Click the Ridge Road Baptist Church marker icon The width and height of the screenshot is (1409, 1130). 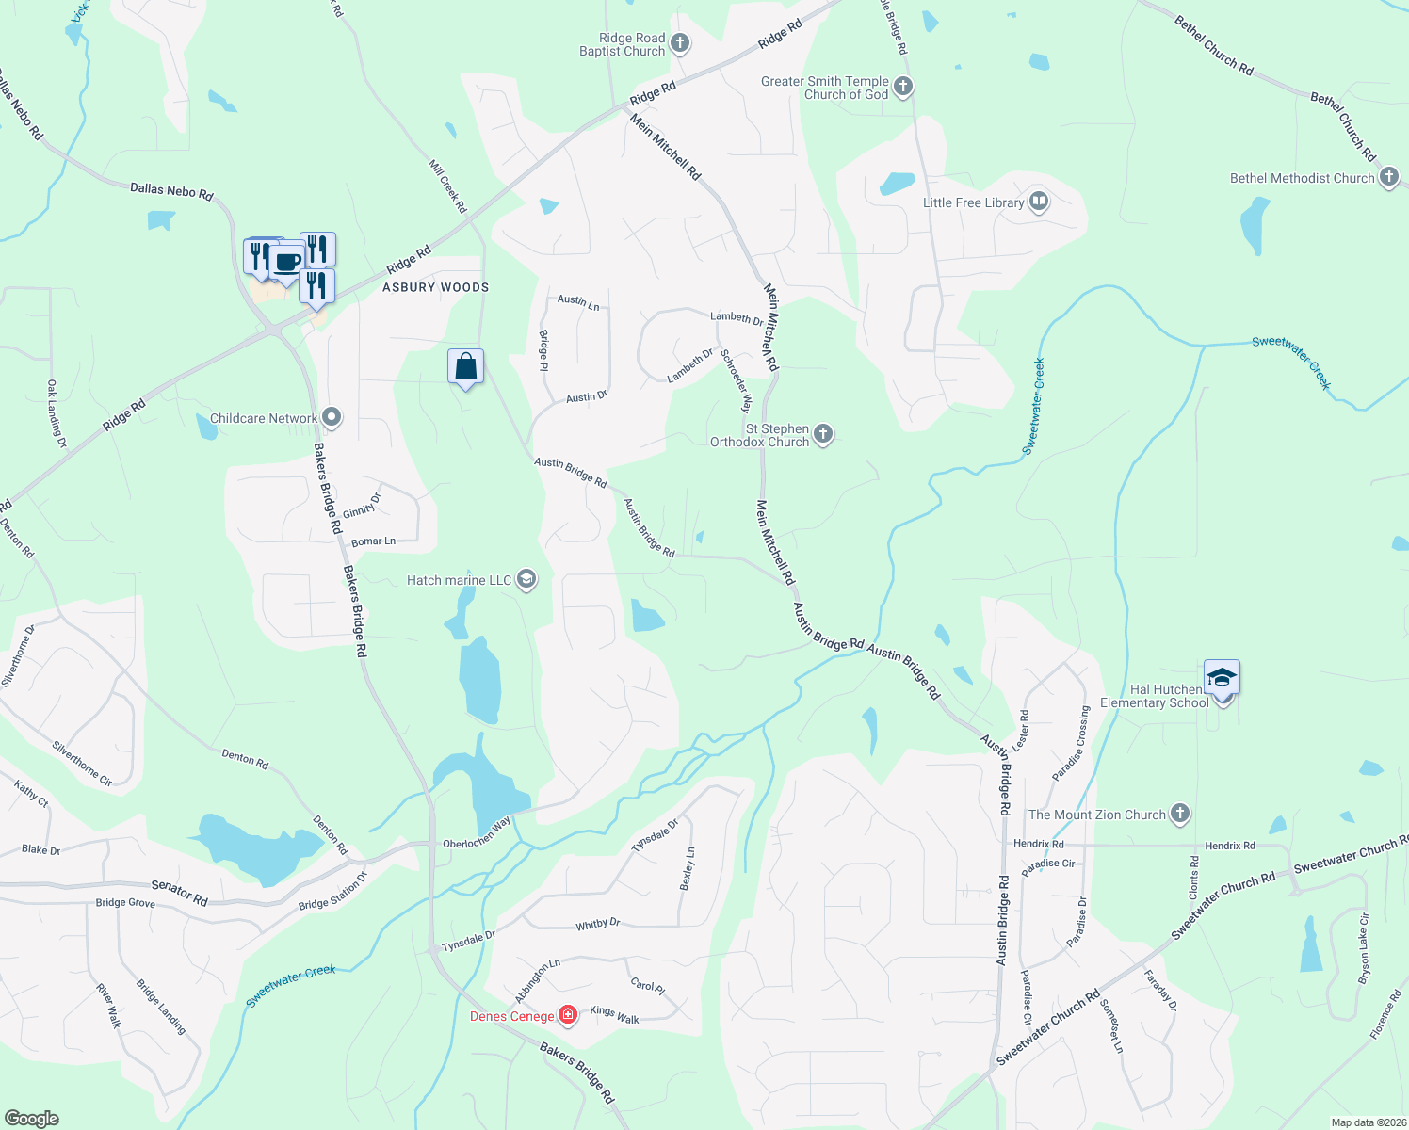point(680,43)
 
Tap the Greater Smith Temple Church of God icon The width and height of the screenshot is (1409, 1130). point(903,88)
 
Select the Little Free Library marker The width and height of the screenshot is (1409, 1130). point(1039,202)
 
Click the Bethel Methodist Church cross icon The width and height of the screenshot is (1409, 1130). point(1389,177)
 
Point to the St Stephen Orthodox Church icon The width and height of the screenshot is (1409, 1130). point(823,434)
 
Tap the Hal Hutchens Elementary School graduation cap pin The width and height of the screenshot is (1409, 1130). point(1221,678)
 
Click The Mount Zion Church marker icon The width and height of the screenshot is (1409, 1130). point(1180,814)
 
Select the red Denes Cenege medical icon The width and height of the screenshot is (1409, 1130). point(568,1015)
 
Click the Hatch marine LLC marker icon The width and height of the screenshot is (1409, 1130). point(526,579)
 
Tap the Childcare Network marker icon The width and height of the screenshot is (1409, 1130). point(332,417)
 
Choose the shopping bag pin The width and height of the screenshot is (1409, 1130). point(465,366)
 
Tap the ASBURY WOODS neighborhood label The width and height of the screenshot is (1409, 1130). point(435,287)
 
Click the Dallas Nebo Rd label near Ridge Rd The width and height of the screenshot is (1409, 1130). point(171,191)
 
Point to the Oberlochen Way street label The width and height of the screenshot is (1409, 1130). point(477,833)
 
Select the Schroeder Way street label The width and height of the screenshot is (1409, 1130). point(737,380)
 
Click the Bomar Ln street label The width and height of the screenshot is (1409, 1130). point(373,541)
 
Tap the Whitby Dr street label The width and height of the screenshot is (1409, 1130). point(598,925)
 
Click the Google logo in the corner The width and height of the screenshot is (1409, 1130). point(31,1118)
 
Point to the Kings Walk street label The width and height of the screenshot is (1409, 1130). point(614,1014)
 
